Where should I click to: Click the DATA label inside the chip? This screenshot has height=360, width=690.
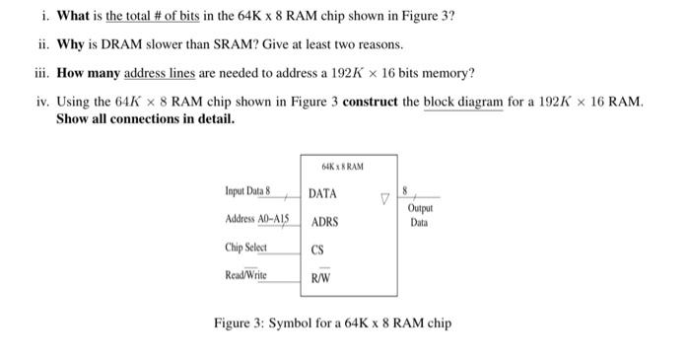322,193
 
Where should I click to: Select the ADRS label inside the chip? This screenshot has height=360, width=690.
324,222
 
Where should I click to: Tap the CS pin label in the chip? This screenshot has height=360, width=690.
317,251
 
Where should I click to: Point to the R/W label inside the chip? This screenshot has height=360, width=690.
320,278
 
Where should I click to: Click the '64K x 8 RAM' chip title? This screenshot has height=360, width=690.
342,167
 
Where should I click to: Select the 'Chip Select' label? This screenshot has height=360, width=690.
246,247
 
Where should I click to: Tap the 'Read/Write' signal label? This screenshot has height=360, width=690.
247,275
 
